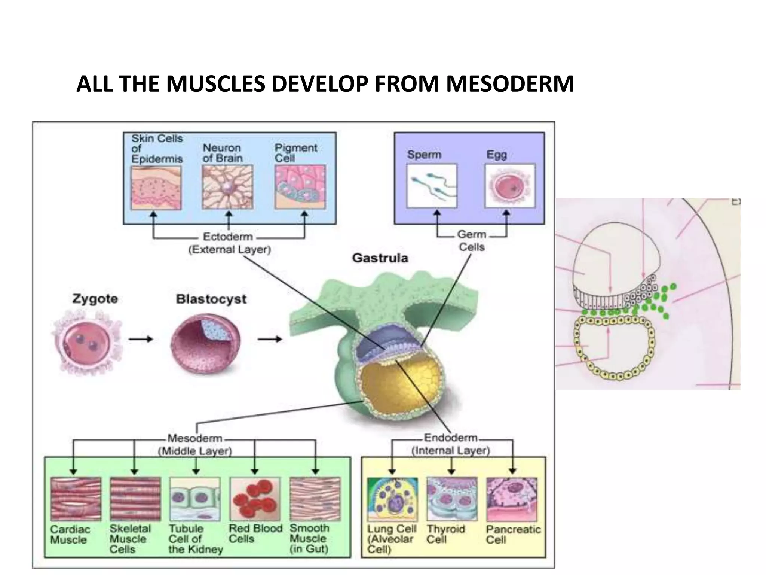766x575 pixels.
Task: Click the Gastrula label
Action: [x=380, y=258]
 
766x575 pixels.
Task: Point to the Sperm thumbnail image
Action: [x=432, y=186]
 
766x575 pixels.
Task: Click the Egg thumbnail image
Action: [x=509, y=186]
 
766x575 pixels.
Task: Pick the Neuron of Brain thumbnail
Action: [x=227, y=187]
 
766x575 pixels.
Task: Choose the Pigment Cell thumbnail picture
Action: [x=300, y=187]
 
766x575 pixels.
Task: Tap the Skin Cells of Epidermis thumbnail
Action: [x=156, y=188]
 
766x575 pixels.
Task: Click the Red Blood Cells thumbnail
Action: [x=255, y=499]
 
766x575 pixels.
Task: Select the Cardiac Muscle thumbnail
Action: [x=76, y=499]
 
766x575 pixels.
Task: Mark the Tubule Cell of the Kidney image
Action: [x=195, y=499]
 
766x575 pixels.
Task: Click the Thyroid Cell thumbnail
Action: [x=452, y=499]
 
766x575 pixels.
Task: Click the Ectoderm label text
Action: [x=228, y=237]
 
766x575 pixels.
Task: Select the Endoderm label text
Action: [x=450, y=438]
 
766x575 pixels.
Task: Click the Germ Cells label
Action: [x=472, y=241]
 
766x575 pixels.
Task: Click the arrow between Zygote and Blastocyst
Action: [x=141, y=339]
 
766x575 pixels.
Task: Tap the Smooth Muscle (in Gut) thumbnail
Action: [x=315, y=499]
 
